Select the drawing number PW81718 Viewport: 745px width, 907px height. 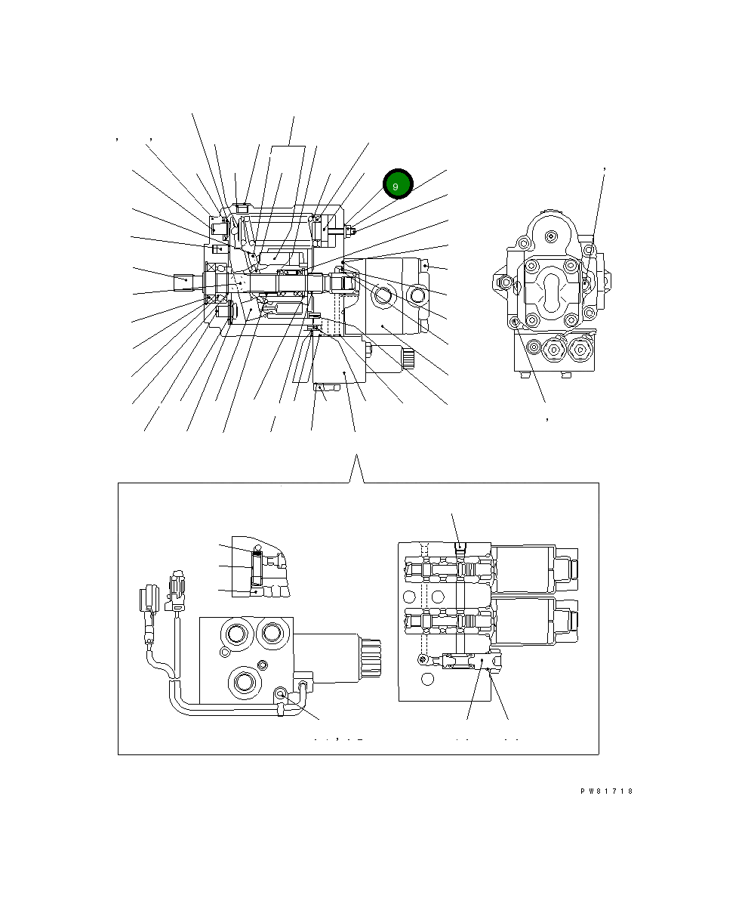click(x=606, y=791)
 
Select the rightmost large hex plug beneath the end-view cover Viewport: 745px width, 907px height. click(x=580, y=349)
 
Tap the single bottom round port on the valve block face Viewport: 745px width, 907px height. click(x=244, y=682)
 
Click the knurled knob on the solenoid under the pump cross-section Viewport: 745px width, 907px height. click(x=408, y=359)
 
